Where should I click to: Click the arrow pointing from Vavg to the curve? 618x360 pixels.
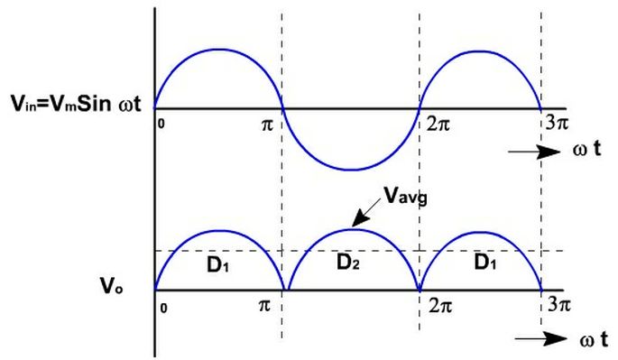[x=365, y=216]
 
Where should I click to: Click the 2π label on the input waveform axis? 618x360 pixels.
[x=438, y=123]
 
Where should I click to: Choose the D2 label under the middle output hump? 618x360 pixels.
[x=349, y=263]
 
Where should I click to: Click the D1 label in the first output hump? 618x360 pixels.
[x=217, y=266]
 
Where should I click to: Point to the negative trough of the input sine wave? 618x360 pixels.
[x=352, y=169]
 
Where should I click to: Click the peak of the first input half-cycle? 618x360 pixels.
[x=218, y=50]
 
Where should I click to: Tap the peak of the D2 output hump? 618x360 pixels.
[x=352, y=229]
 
